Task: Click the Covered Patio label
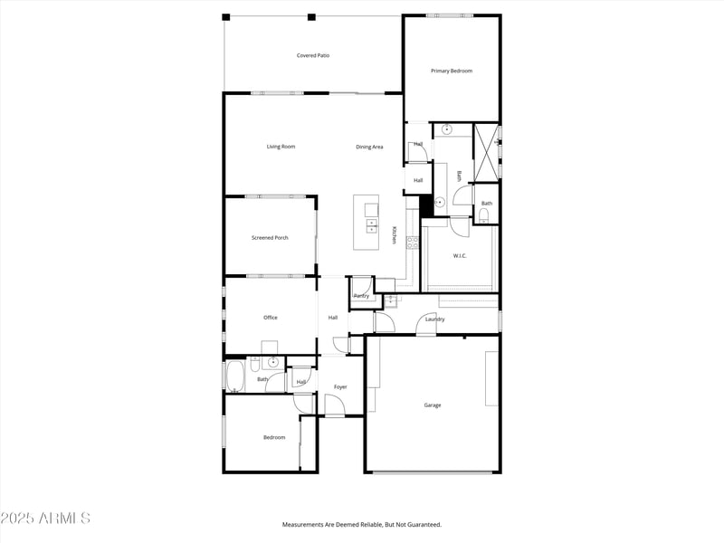[x=313, y=56]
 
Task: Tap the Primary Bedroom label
[x=451, y=71]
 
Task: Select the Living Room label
[x=281, y=147]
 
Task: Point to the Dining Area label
[x=369, y=147]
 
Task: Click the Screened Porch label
[x=270, y=238]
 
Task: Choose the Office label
[x=271, y=318]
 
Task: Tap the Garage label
[x=433, y=405]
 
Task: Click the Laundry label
[x=434, y=319]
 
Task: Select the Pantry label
[x=361, y=296]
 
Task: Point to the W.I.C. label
[x=460, y=256]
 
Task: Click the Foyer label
[x=340, y=387]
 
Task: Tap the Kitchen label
[x=395, y=235]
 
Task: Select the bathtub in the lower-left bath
[x=234, y=376]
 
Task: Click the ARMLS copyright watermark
[x=45, y=519]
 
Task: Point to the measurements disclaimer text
[x=362, y=525]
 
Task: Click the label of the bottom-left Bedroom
[x=274, y=438]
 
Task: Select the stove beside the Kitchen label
[x=413, y=243]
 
